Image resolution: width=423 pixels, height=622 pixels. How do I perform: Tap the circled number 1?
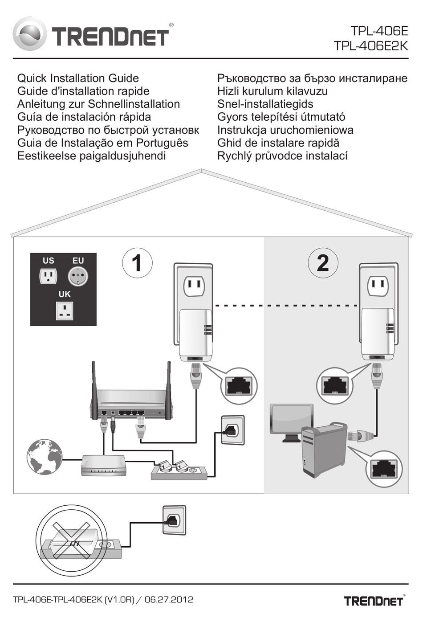tap(138, 263)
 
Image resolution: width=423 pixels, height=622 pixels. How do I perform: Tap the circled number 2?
tap(323, 263)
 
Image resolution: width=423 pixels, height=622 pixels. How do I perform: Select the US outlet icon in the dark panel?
tap(48, 276)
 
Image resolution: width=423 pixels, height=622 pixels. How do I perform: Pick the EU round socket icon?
tap(78, 276)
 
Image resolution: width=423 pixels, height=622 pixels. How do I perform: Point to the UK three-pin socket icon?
tap(65, 311)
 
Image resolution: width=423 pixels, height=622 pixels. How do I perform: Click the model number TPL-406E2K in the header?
tap(371, 46)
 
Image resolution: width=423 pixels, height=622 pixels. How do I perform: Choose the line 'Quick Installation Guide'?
tap(78, 78)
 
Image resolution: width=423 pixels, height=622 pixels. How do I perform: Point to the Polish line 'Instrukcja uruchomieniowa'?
tap(285, 130)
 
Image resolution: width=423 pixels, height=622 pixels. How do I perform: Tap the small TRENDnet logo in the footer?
tap(374, 600)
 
